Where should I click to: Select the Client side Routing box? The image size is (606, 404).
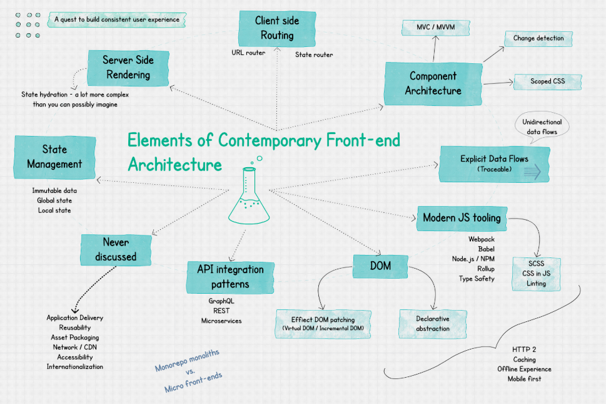click(277, 28)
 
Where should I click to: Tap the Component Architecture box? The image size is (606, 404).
click(433, 83)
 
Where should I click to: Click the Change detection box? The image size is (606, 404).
click(538, 38)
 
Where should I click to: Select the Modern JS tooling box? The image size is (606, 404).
click(462, 218)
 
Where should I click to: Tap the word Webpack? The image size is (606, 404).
click(482, 239)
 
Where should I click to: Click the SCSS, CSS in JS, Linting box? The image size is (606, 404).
click(536, 274)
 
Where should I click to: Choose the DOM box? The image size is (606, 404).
click(380, 266)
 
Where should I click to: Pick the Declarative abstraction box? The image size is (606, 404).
click(432, 323)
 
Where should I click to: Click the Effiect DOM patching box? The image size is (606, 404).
click(323, 323)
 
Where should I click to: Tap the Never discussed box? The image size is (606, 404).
click(116, 249)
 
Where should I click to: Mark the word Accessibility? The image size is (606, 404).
click(74, 356)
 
